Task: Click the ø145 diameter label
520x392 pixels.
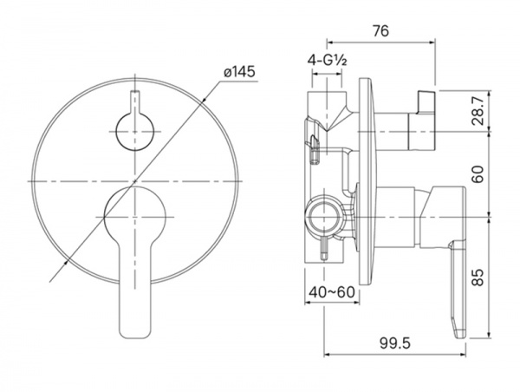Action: coord(239,72)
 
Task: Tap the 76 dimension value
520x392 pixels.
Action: coord(380,31)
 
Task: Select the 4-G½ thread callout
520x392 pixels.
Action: coord(328,61)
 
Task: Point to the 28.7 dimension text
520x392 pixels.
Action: coord(478,109)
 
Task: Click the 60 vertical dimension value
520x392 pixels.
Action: coord(478,173)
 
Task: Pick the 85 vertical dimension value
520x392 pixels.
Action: coord(478,277)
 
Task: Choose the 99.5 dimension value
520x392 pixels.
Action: coord(395,343)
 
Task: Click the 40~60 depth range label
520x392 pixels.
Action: coord(332,292)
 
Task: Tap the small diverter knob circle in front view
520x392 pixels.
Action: coord(135,132)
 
